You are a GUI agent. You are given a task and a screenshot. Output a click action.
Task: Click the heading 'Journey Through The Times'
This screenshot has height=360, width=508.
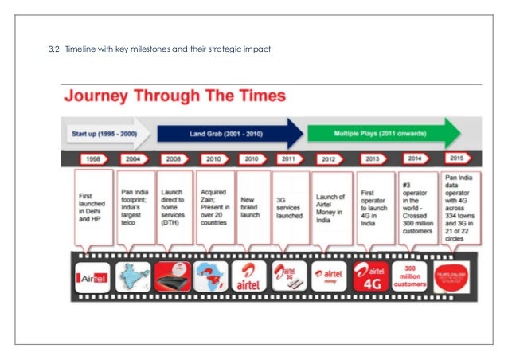[174, 97]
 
